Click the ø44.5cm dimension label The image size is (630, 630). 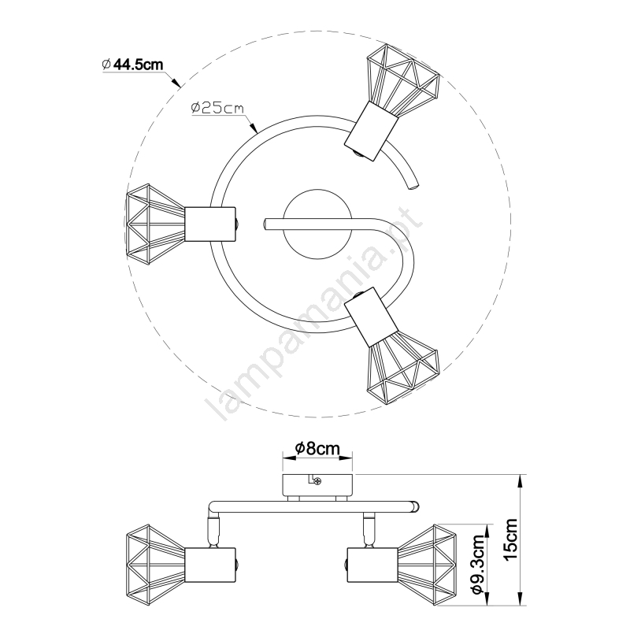pos(133,65)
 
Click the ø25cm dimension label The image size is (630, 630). pos(218,108)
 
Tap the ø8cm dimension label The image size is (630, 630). pos(317,448)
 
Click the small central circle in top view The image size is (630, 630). pos(317,224)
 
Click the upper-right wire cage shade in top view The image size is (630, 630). pos(403,79)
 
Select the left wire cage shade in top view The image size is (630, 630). pos(156,224)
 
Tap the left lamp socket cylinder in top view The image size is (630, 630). pos(211,224)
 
